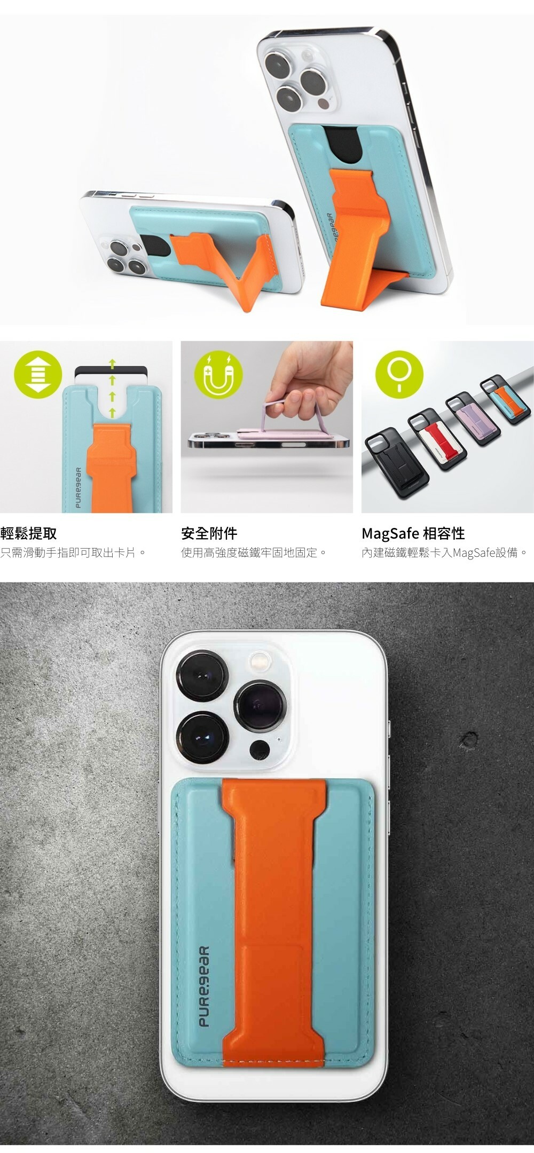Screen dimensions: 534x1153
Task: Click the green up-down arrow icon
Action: pyautogui.click(x=38, y=374)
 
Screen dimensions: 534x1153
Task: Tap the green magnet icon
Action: pyautogui.click(x=218, y=374)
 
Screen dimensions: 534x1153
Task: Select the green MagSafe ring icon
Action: pyautogui.click(x=399, y=374)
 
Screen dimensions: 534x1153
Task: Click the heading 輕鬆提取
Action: pyautogui.click(x=29, y=533)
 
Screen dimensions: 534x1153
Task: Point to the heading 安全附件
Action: pyautogui.click(x=209, y=533)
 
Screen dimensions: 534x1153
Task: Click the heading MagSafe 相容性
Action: pyautogui.click(x=413, y=533)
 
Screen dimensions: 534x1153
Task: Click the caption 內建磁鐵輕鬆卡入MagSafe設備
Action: pyautogui.click(x=445, y=552)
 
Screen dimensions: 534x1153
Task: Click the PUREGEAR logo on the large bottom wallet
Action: pyautogui.click(x=204, y=986)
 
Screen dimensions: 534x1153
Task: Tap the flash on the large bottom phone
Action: pyautogui.click(x=260, y=661)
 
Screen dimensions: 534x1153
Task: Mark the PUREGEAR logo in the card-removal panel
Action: pyautogui.click(x=78, y=488)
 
